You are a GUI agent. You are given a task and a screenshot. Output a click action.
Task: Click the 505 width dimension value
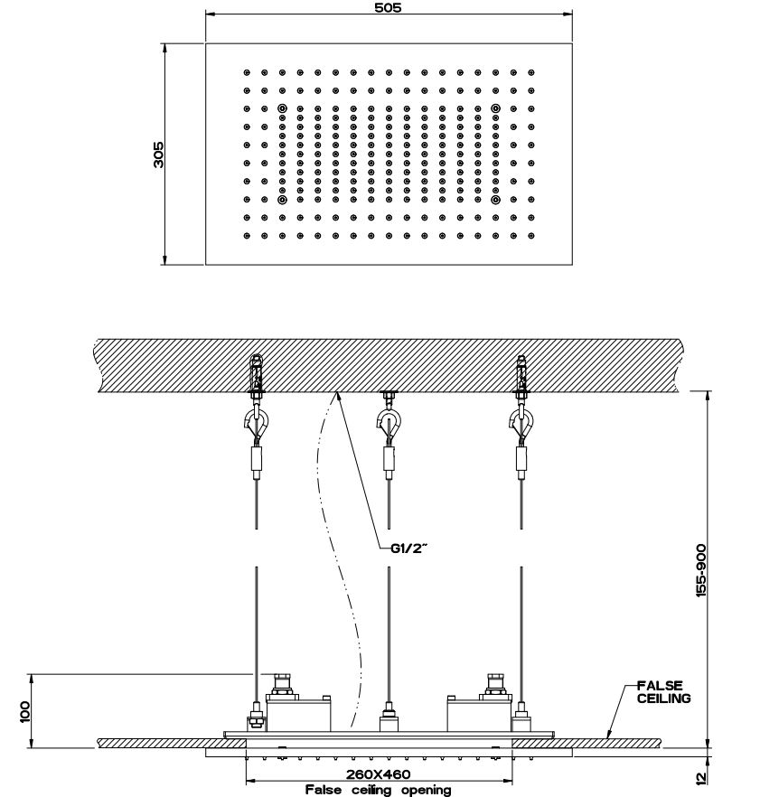click(x=389, y=7)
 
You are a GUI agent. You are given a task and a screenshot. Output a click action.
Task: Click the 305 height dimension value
click(x=158, y=154)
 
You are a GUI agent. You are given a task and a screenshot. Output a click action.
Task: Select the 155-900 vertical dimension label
click(x=702, y=569)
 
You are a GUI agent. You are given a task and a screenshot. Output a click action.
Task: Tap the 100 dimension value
click(x=24, y=710)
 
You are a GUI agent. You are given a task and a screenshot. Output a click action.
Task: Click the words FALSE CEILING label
click(x=663, y=692)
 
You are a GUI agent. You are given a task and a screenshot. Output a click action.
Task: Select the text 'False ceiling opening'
click(x=378, y=790)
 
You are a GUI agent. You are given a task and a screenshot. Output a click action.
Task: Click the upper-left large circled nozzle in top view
click(x=282, y=108)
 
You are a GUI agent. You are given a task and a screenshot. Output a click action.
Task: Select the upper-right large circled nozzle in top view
click(x=495, y=108)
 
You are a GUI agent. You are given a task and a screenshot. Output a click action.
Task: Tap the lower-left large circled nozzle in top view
click(x=282, y=200)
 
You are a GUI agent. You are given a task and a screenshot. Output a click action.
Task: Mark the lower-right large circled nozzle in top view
click(x=495, y=200)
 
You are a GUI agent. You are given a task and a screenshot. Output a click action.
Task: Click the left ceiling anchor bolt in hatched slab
click(x=258, y=373)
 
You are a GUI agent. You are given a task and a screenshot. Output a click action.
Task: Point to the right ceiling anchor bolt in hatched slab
click(x=521, y=373)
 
